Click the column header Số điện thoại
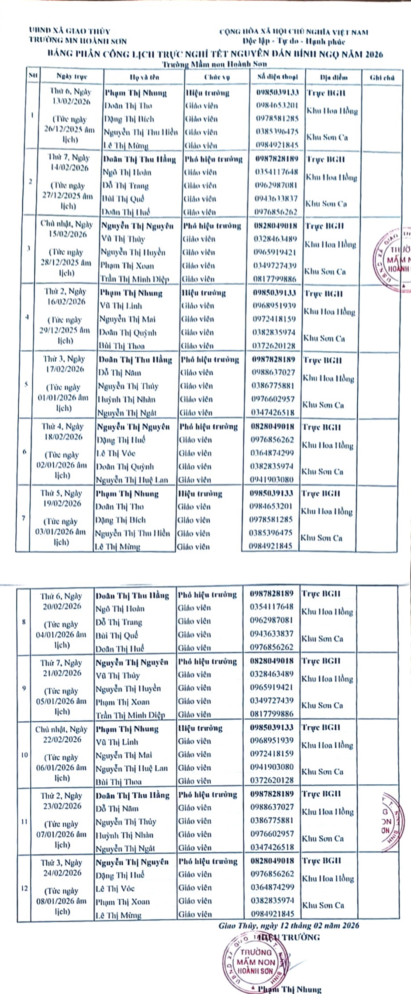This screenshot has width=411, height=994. coord(277,77)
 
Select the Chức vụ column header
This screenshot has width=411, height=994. coord(217,77)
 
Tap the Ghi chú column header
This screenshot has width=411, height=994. coord(382,78)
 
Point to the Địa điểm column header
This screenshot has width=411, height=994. coord(334,77)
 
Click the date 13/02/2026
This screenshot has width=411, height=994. coord(71,102)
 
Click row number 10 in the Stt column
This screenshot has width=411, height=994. coord(24,755)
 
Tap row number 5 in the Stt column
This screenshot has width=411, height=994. coord(26,384)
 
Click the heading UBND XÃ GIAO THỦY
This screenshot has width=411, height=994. coord(69,31)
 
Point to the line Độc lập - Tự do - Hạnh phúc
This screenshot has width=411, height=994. coord(294,42)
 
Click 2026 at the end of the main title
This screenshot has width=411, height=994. coord(374,55)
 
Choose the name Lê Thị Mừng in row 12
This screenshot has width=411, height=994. coord(118,915)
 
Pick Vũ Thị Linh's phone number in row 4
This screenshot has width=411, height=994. coord(274,306)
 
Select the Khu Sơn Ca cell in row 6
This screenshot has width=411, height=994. coord(322,472)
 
